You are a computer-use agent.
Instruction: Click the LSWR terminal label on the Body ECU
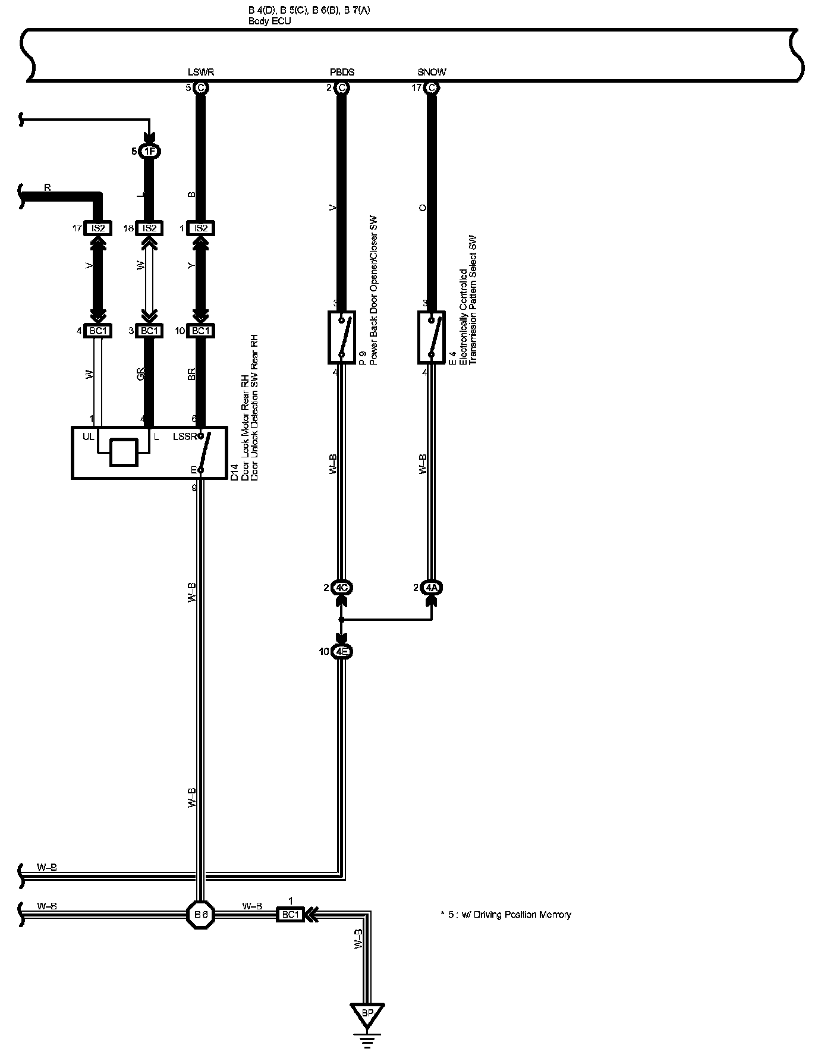[x=200, y=73]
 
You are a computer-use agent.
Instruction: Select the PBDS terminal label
[x=342, y=73]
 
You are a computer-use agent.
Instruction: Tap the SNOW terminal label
[x=432, y=73]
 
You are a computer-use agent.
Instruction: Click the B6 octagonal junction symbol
[x=201, y=914]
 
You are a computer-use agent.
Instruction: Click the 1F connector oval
[x=150, y=152]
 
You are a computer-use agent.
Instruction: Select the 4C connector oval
[x=342, y=588]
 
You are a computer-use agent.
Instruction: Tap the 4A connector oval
[x=432, y=588]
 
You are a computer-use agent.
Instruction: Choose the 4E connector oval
[x=342, y=652]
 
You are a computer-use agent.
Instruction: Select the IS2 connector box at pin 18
[x=150, y=228]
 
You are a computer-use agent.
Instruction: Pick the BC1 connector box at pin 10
[x=201, y=331]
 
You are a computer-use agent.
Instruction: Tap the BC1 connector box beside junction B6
[x=290, y=914]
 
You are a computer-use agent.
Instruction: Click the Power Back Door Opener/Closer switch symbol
[x=342, y=337]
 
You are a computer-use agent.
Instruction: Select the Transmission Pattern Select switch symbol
[x=432, y=337]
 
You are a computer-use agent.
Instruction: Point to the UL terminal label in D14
[x=88, y=437]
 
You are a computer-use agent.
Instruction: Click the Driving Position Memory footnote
[x=505, y=914]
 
